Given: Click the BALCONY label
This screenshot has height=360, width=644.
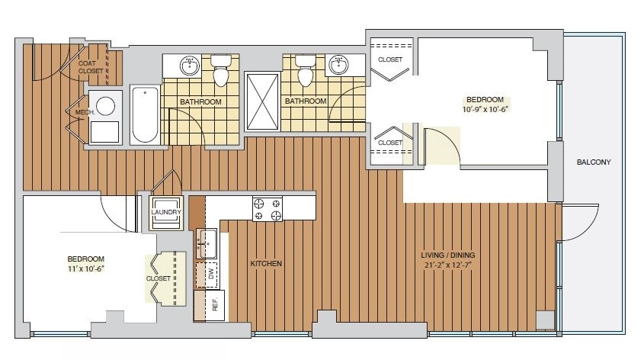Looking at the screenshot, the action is coord(594,162).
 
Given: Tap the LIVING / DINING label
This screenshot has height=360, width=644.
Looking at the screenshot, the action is coord(447,256).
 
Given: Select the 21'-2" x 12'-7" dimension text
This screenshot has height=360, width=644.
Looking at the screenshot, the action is coord(447,265).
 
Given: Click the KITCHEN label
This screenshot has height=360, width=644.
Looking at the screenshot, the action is coord(266,263).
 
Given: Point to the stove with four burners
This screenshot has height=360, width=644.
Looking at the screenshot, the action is coord(268,209).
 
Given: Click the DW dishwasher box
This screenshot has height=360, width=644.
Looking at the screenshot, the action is coord(207,275).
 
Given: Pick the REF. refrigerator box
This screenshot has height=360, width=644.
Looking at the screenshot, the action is coord(210,305).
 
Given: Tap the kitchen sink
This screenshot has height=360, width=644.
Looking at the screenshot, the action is coord(207,243).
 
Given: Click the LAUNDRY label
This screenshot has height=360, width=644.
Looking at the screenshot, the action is coord(166,212).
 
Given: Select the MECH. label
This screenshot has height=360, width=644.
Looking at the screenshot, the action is coord(85,112).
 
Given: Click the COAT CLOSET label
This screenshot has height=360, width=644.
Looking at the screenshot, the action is coord(91,67).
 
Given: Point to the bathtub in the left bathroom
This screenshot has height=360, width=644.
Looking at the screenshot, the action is coord(145,114).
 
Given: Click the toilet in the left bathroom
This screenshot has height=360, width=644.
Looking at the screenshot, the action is coord(221,70).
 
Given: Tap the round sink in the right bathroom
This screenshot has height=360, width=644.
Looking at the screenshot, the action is coord(339,65).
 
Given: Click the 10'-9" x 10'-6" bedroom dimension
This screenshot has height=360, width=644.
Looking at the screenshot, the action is coord(485,109).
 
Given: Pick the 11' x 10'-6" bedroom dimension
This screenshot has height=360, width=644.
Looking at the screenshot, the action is coord(86,268).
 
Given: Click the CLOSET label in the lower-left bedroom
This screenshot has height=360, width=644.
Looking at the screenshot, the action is coord(158,278).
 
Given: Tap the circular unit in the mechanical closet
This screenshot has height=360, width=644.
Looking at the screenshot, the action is coord(105,105).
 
